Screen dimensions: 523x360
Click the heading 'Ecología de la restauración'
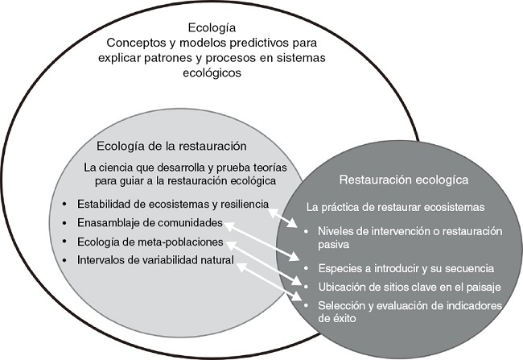click(x=171, y=147)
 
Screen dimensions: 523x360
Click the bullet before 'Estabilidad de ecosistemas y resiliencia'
click(x=64, y=205)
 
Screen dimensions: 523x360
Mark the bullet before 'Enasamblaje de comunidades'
click(x=64, y=223)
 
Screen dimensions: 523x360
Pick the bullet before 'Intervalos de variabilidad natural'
click(x=64, y=260)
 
